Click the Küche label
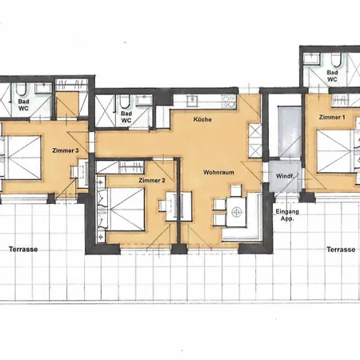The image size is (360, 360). coord(202,119)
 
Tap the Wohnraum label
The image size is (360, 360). coord(218,172)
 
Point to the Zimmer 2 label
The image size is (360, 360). coord(152,181)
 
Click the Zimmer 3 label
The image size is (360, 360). coord(66,150)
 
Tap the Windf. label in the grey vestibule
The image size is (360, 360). coord(285,176)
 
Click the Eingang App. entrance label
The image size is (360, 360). coord(287,215)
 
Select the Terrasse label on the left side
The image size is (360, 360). coord(23,250)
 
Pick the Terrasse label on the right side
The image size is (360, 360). coord(341,250)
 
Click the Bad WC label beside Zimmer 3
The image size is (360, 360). coord(23,105)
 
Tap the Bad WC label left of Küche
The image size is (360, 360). coord(126,117)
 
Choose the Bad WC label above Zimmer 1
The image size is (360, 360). coord(332,76)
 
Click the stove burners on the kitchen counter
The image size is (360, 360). coord(229,102)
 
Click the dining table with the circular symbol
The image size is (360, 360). coord(236,212)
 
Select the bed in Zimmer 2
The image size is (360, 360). coord(127,210)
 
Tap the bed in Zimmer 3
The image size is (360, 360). coord(24,158)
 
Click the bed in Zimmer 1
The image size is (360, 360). coord(334,151)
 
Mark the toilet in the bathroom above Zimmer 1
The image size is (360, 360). coord(336,60)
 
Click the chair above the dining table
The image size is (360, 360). coord(236,190)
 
